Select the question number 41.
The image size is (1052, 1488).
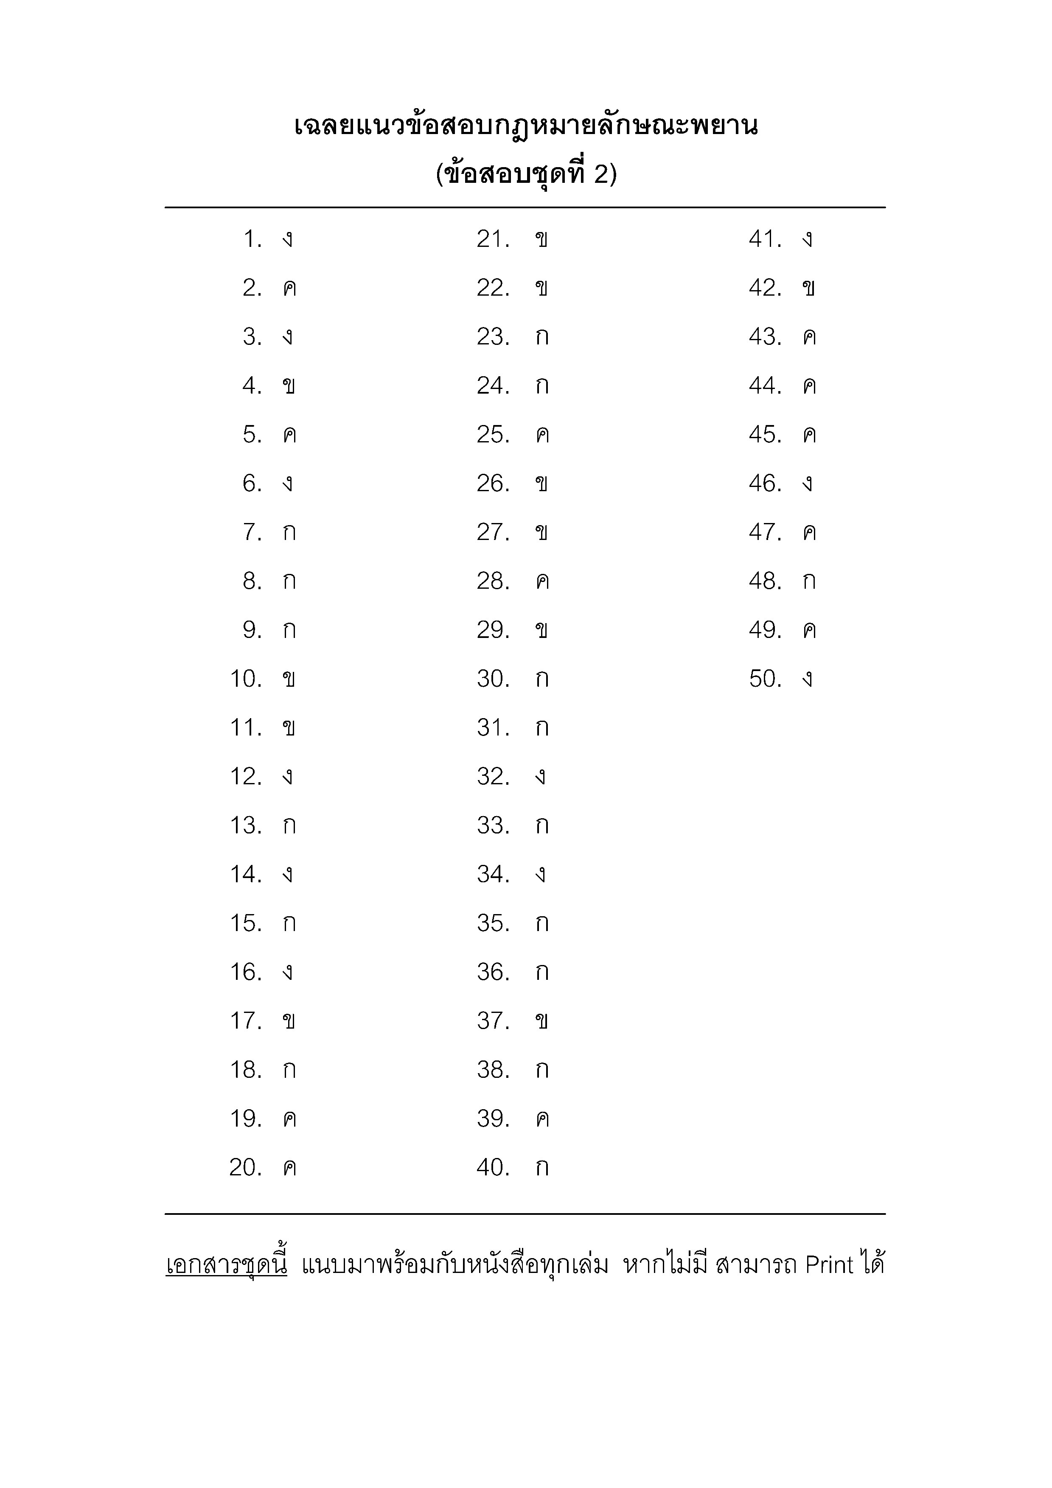pyautogui.click(x=765, y=240)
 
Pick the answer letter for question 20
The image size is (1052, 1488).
pyautogui.click(x=289, y=1169)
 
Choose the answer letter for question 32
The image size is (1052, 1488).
pyautogui.click(x=540, y=777)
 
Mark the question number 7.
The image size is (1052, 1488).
pyautogui.click(x=252, y=533)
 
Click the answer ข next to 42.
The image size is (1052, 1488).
pyautogui.click(x=808, y=289)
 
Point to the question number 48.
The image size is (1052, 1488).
pyautogui.click(x=765, y=582)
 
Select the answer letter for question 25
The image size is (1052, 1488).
pyautogui.click(x=542, y=435)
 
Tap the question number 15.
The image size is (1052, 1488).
pyautogui.click(x=246, y=923)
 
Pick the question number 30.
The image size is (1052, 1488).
pyautogui.click(x=493, y=679)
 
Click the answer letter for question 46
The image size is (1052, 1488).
pyautogui.click(x=807, y=484)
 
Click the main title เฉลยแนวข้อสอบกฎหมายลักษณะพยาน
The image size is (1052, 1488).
pyautogui.click(x=526, y=126)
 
